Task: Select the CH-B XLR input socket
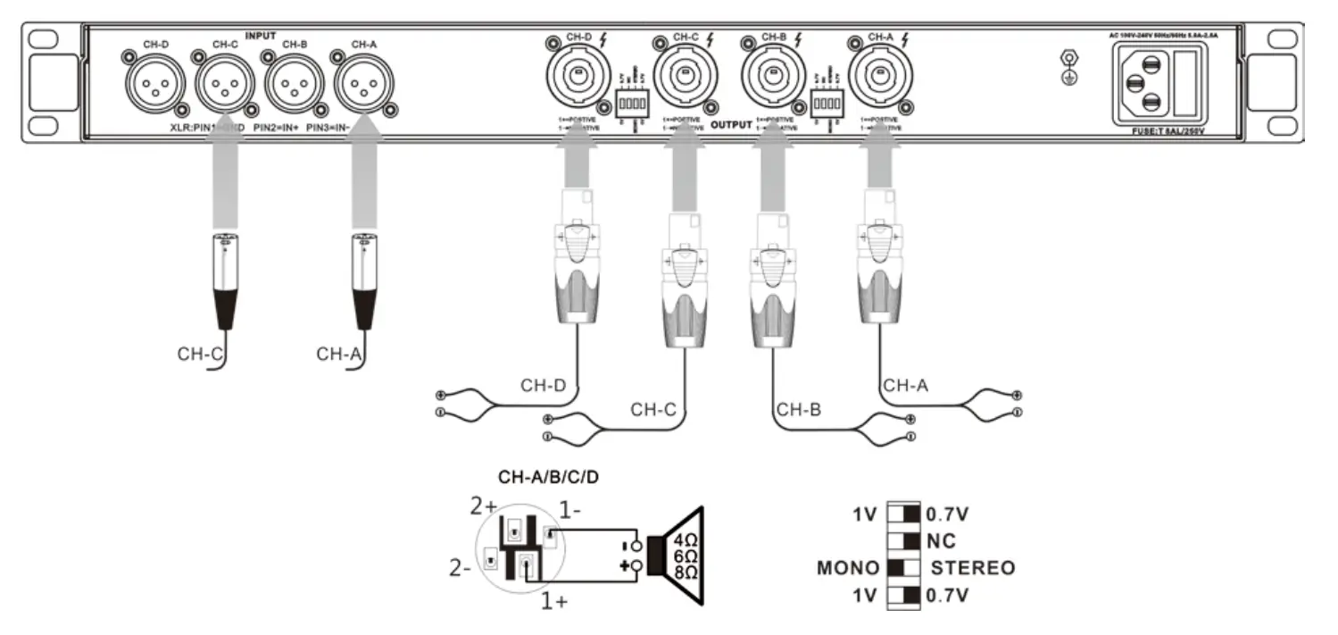[290, 87]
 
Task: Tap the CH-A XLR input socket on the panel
[362, 87]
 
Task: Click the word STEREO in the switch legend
[972, 568]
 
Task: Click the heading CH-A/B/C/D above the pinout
[548, 478]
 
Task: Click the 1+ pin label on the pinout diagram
[553, 601]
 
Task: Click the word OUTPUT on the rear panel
[730, 124]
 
